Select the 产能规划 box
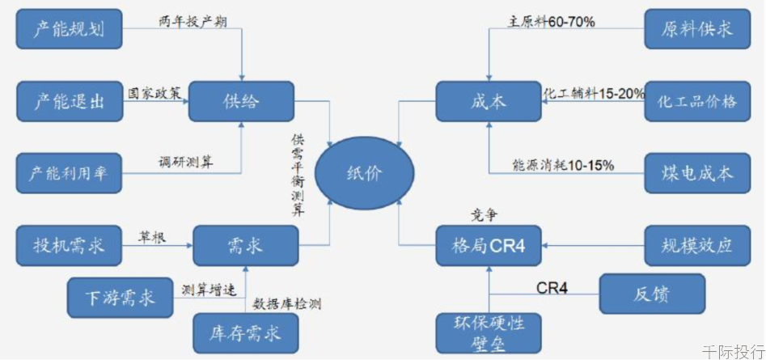[x=69, y=29]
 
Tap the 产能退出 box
[x=69, y=101]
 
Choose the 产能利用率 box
[x=69, y=173]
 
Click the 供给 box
[x=241, y=101]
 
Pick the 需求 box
[x=246, y=245]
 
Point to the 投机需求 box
[x=69, y=245]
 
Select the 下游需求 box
[x=121, y=298]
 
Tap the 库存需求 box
[x=246, y=333]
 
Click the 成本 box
[x=489, y=101]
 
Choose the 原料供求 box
[x=697, y=29]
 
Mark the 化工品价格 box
[x=697, y=101]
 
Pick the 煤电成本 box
[x=697, y=173]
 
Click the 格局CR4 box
[x=489, y=245]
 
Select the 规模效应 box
[x=697, y=245]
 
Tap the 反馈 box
[x=652, y=294]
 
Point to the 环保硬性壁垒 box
[x=489, y=333]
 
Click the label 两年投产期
[x=193, y=22]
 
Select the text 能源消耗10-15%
[x=563, y=166]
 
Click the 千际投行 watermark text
[x=734, y=351]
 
